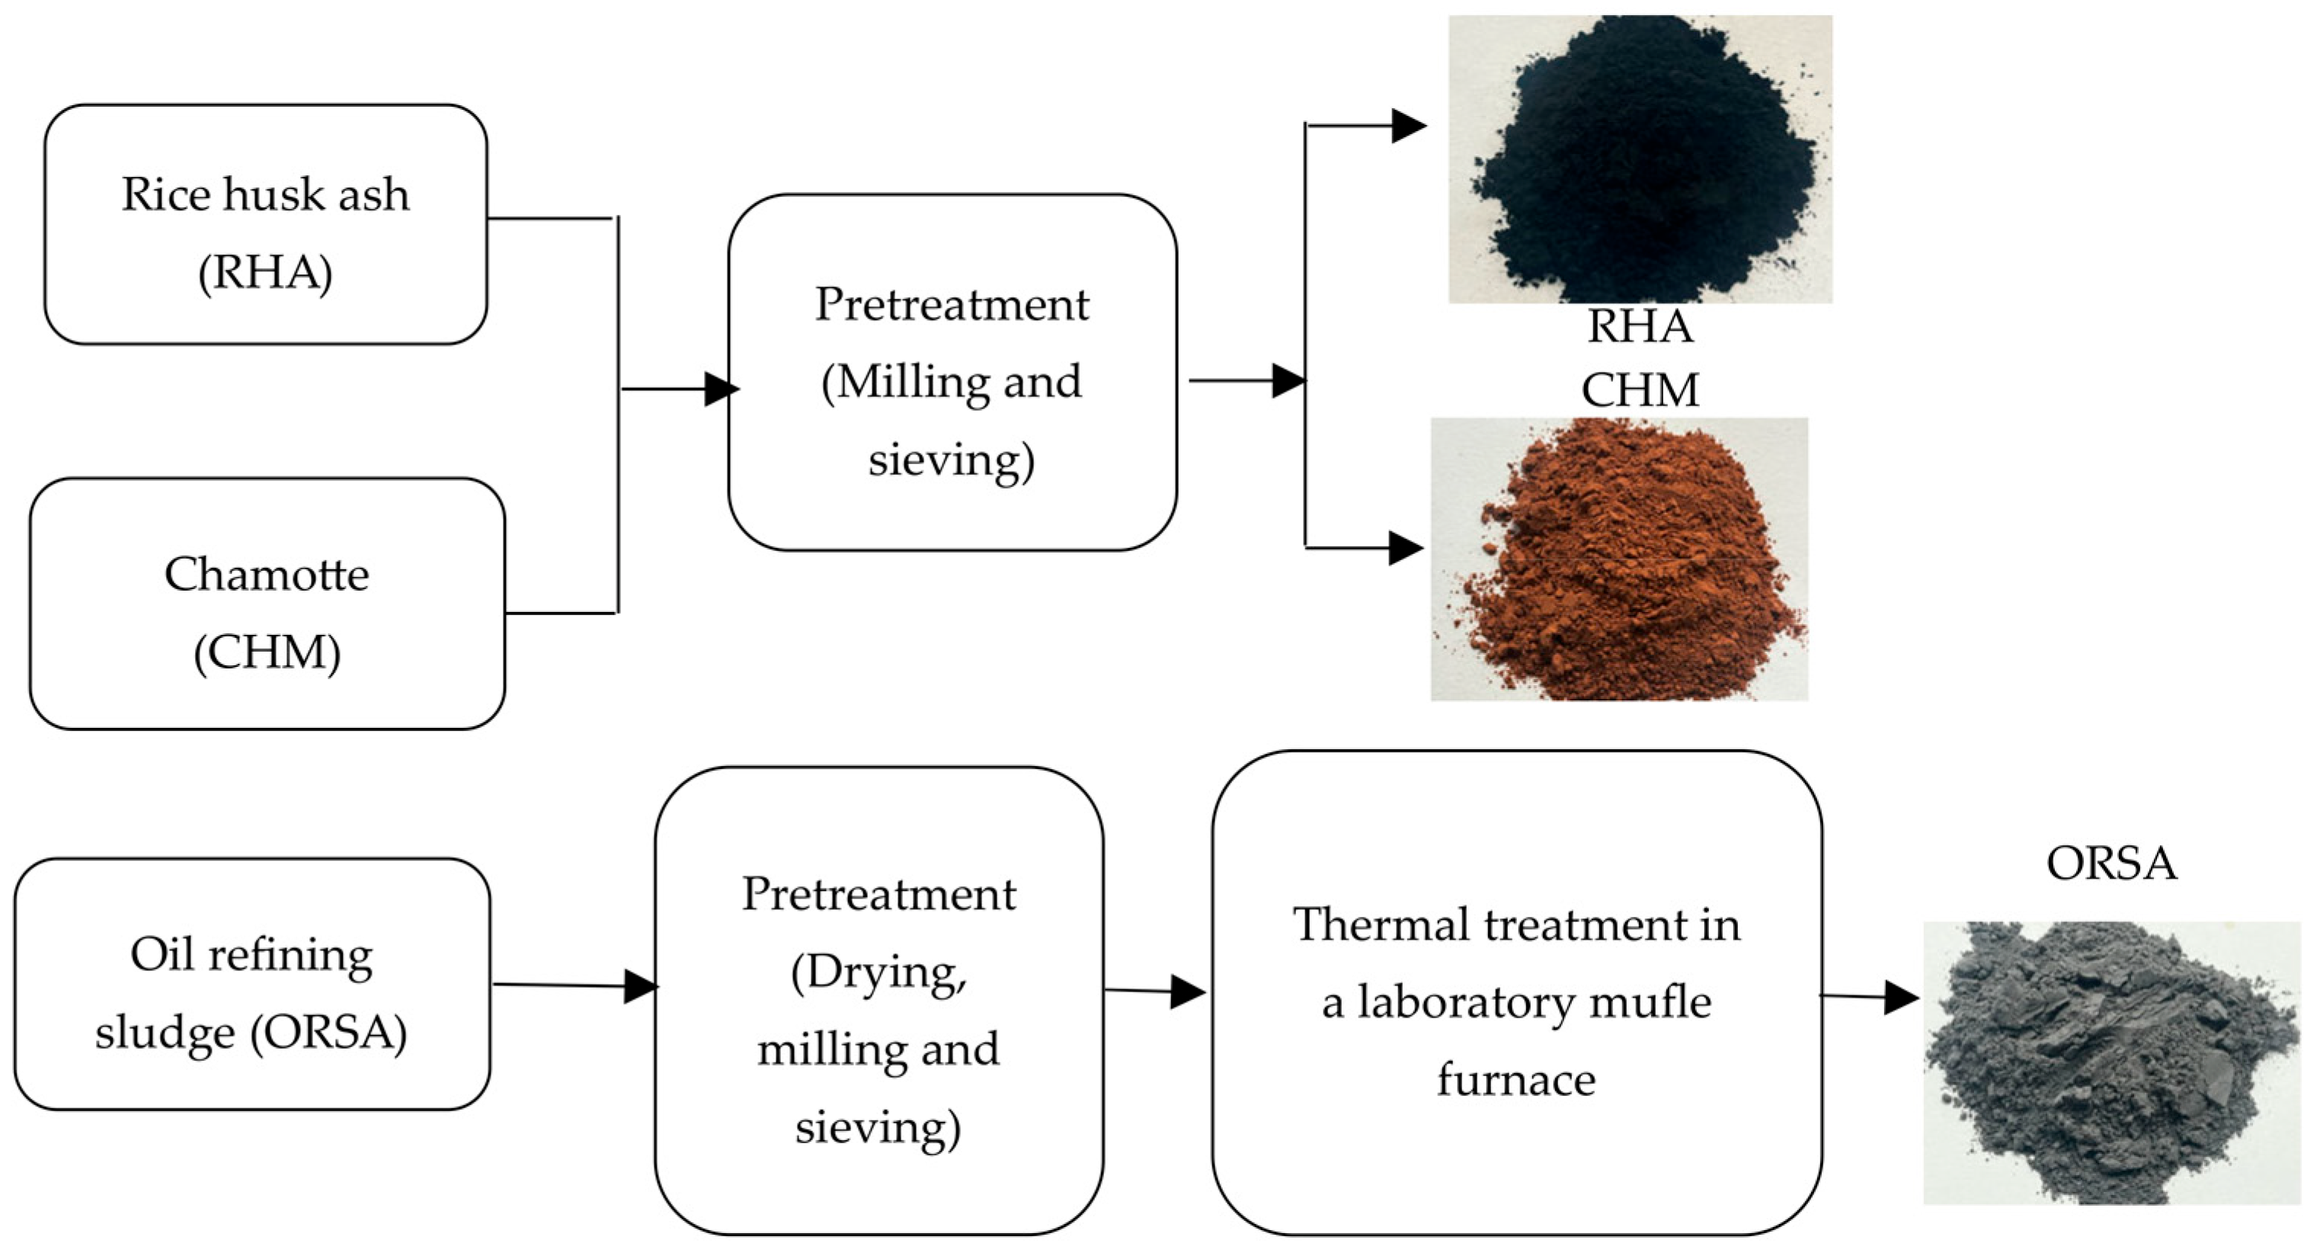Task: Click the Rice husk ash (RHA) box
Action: pyautogui.click(x=266, y=224)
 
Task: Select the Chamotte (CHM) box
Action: pyautogui.click(x=267, y=604)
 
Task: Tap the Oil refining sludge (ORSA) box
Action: pyautogui.click(x=252, y=984)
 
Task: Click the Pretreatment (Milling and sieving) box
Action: pyautogui.click(x=952, y=372)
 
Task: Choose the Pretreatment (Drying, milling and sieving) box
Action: pyautogui.click(x=879, y=1001)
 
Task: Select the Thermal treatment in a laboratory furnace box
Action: pyautogui.click(x=1517, y=992)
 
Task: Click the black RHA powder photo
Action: pyautogui.click(x=1639, y=158)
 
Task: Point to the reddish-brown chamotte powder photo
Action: pyautogui.click(x=1619, y=559)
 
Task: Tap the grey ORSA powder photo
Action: pyautogui.click(x=2111, y=1063)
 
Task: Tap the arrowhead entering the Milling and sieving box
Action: pyautogui.click(x=721, y=389)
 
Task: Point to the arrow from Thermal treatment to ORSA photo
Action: pyautogui.click(x=1870, y=997)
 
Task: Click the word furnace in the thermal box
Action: pyautogui.click(x=1517, y=1079)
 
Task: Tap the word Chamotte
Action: pyautogui.click(x=267, y=574)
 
